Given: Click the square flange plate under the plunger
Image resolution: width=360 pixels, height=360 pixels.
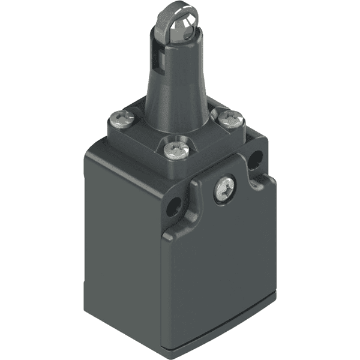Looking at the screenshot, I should tap(204, 141).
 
